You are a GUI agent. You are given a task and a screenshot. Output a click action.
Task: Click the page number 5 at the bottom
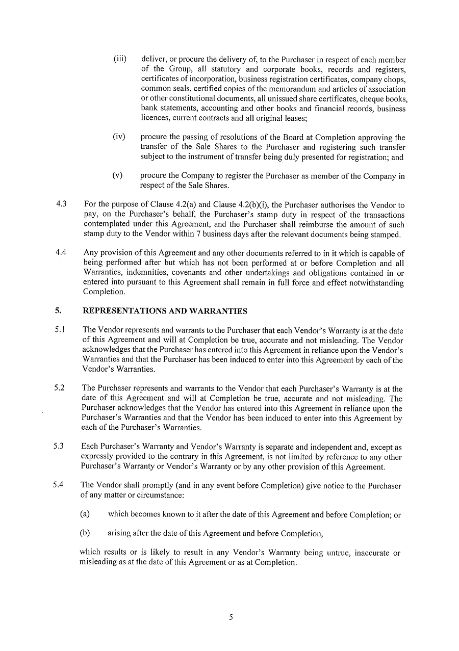coord(231,617)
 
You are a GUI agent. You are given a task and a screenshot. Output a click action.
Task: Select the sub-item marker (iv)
coord(119,137)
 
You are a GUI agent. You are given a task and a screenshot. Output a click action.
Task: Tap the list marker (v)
coord(118,175)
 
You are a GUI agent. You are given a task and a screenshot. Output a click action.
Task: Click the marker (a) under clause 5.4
coord(85,514)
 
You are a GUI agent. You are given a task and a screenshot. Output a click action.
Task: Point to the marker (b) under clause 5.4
coord(85,533)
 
